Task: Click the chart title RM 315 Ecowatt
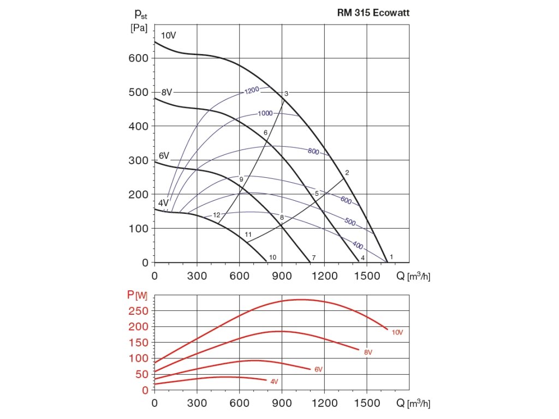tap(373, 13)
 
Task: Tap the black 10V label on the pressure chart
tap(169, 35)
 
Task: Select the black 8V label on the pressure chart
tap(166, 92)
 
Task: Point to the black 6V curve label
tap(165, 156)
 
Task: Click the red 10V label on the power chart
tap(397, 332)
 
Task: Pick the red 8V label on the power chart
tap(368, 352)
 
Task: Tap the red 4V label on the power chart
tap(274, 381)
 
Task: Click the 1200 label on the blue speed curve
tap(252, 90)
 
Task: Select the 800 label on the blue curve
tap(313, 152)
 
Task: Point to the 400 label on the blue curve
tap(358, 245)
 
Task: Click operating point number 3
tap(286, 94)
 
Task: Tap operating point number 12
tap(216, 215)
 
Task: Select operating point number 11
tap(248, 235)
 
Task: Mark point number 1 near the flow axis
tap(391, 256)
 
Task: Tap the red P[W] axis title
tap(137, 295)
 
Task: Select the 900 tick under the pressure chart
tap(282, 276)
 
